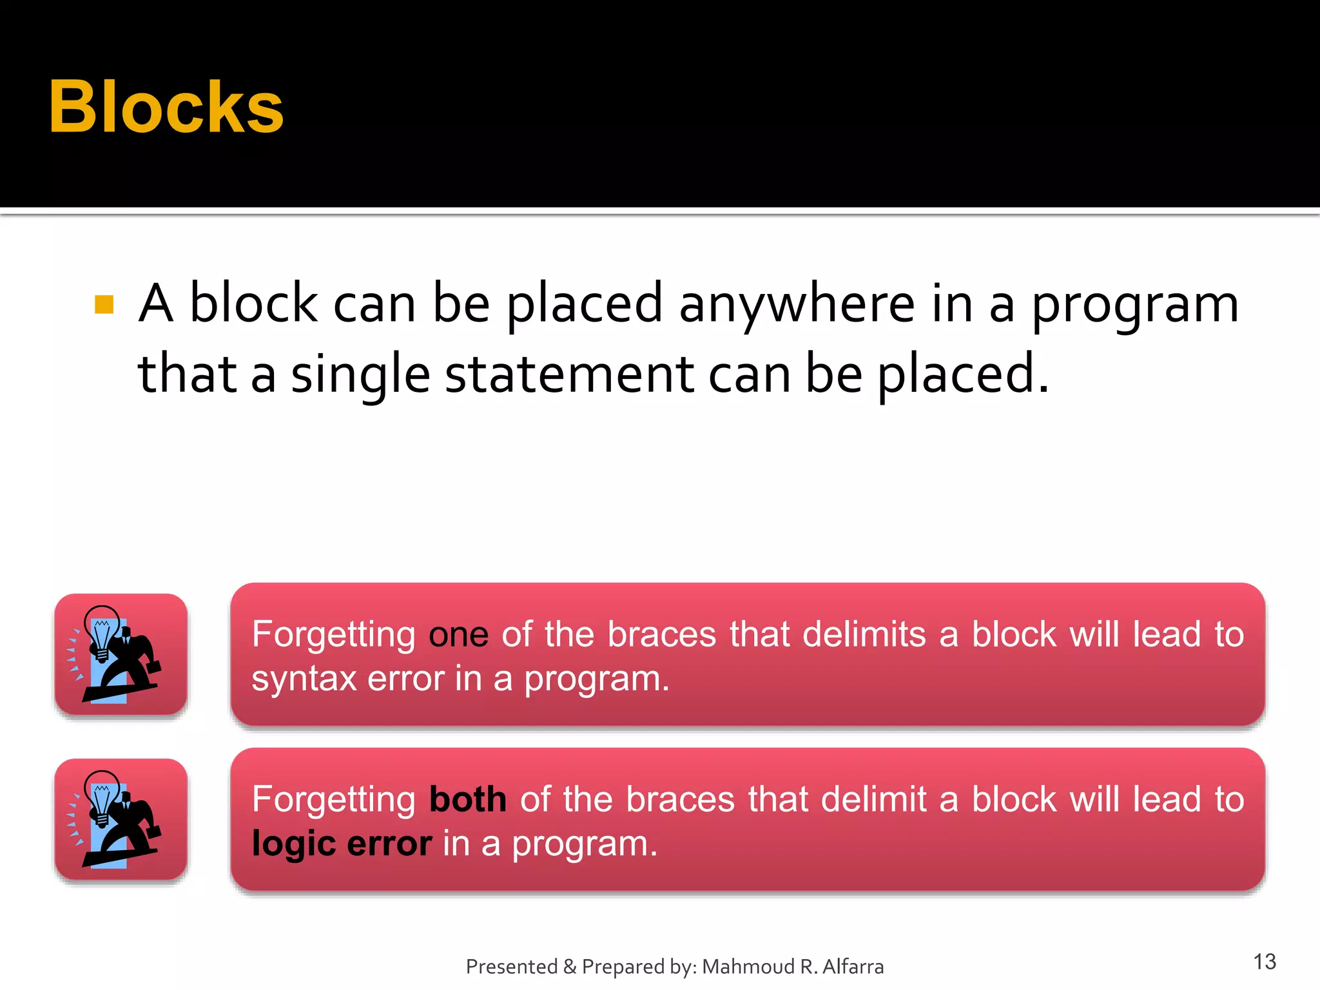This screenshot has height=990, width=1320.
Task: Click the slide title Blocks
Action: (166, 108)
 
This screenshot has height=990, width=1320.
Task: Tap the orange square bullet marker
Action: (104, 304)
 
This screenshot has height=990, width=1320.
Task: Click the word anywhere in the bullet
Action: (797, 304)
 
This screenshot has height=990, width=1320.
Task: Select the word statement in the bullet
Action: (570, 374)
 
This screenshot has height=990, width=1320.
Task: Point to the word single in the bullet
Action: (360, 376)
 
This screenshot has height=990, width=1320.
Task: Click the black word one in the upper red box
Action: (458, 635)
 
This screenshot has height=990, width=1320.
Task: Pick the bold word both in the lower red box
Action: (468, 800)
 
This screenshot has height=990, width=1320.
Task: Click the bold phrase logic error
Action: (342, 844)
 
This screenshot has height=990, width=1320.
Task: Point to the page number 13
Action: (1265, 962)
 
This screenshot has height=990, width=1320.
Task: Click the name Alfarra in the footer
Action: (853, 967)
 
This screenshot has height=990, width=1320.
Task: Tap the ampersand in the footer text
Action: (570, 967)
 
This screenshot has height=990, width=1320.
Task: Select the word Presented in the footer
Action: (512, 967)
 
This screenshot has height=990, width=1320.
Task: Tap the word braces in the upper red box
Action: (662, 635)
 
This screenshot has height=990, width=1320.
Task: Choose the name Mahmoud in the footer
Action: (748, 967)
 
